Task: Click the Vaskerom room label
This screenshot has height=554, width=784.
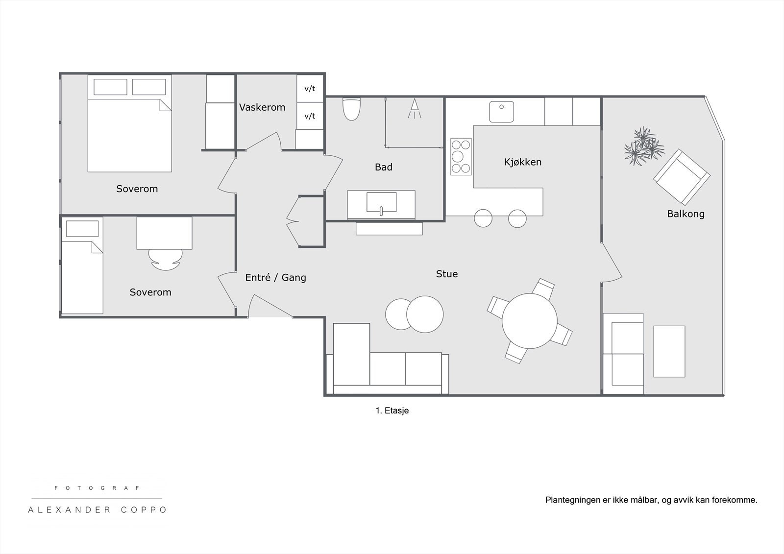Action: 262,107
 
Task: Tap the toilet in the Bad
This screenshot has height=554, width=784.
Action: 351,109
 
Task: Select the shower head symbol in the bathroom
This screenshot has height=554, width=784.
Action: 415,108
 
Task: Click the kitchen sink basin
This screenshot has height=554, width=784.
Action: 502,112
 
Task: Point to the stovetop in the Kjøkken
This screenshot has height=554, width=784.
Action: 461,156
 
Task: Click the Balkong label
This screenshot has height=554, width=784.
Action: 686,214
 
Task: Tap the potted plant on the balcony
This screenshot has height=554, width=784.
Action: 644,146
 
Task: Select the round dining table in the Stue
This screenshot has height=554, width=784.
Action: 530,321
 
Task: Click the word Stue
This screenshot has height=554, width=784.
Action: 446,274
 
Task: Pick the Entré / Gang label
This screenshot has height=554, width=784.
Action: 275,278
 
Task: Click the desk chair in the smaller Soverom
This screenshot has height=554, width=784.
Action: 166,259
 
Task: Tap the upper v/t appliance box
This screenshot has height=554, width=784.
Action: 310,88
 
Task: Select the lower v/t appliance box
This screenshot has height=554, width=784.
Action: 310,116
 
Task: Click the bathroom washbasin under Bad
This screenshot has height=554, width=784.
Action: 382,203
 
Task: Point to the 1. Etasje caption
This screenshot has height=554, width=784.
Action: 392,410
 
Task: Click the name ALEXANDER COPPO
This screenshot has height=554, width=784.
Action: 97,510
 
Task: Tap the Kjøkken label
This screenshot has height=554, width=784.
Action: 522,162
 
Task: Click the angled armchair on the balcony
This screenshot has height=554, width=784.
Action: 682,177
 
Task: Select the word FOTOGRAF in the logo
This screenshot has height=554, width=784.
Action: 97,488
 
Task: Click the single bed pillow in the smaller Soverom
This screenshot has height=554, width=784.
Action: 82,229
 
